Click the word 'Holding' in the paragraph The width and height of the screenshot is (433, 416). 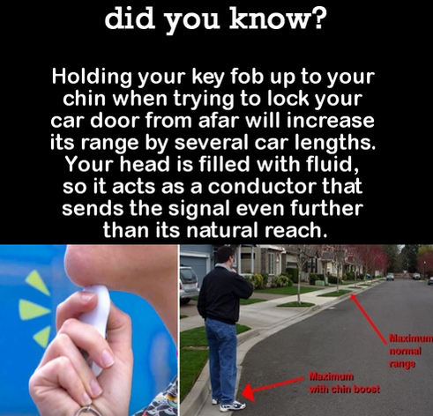point(91,77)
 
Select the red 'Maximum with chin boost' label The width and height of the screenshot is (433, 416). point(344,383)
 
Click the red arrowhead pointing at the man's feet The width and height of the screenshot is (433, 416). point(249,391)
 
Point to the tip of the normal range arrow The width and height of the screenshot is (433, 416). point(350,295)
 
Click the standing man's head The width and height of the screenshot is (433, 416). point(225,256)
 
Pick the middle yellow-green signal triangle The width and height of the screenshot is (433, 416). point(34,309)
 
